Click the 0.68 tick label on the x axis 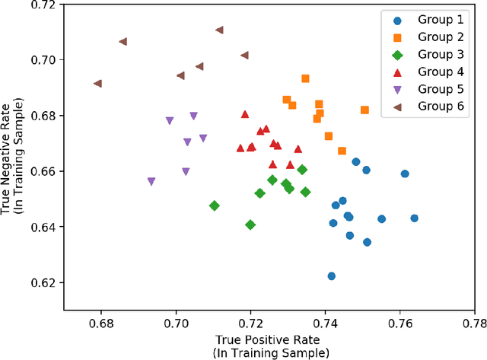[101, 322]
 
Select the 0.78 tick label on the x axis [474, 322]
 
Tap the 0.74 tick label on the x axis [325, 322]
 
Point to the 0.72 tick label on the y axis [42, 5]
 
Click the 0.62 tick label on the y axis [42, 283]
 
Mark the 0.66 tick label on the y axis [42, 172]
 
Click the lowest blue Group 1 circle [331, 276]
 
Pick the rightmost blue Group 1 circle [414, 218]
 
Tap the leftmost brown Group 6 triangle [97, 84]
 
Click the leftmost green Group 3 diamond [215, 206]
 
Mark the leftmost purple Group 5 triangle [151, 182]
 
